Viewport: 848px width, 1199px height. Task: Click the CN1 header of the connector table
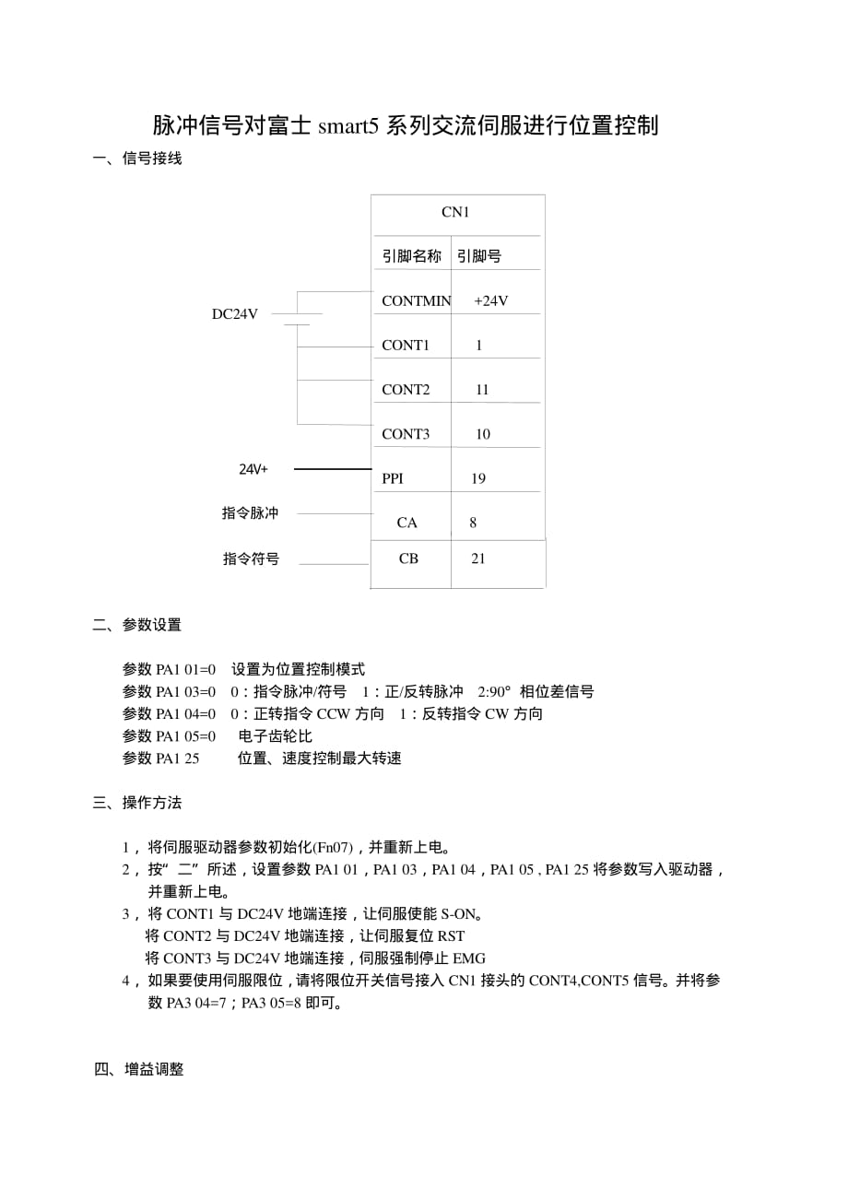click(455, 212)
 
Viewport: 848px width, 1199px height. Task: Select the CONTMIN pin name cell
click(416, 300)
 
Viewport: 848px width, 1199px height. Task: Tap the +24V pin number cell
click(490, 300)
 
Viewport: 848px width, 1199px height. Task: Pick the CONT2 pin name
click(406, 389)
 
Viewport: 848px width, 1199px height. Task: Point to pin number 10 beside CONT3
click(483, 434)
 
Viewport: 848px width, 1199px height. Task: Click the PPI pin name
click(393, 478)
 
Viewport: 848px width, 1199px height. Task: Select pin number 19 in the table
click(477, 478)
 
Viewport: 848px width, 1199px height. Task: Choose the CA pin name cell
click(407, 523)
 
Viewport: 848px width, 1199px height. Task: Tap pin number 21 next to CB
click(477, 558)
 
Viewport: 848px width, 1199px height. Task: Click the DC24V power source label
click(235, 314)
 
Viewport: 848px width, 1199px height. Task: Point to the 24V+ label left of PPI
click(253, 469)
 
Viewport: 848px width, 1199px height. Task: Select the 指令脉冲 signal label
click(250, 513)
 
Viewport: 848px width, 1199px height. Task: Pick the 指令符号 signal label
click(251, 558)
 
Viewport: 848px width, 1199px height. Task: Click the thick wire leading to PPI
click(332, 469)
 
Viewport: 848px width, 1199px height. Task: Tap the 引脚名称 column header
click(412, 256)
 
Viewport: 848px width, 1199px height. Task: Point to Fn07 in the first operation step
click(333, 847)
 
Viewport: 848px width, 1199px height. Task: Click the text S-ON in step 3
click(458, 914)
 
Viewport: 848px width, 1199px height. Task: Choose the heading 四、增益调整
click(138, 1069)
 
